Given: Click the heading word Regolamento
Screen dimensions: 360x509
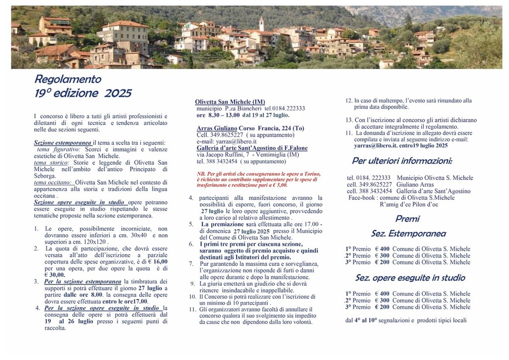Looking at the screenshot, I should pos(68,79).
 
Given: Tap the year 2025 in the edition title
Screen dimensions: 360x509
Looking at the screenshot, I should pos(118,93).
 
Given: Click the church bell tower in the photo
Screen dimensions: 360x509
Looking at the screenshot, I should pos(261,23).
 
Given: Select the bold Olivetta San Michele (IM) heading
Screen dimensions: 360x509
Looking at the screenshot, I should pos(230,101).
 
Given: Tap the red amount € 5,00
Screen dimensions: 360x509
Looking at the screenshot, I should pos(279,184).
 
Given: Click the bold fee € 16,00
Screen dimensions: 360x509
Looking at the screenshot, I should pos(158,261).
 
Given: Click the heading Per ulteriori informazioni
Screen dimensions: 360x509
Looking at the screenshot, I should pos(402,161).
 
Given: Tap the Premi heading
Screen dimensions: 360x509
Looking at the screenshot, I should pos(408,219).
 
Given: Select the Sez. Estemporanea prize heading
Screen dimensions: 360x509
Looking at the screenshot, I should pos(408,234).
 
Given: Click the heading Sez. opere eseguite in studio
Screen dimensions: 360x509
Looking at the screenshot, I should pos(410,278).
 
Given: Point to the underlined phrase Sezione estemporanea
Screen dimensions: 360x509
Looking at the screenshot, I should pos(63,143).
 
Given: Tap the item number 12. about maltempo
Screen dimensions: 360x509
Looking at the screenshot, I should pos(349,100).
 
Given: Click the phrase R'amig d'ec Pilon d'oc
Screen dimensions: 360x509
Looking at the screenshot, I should pos(409,204).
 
